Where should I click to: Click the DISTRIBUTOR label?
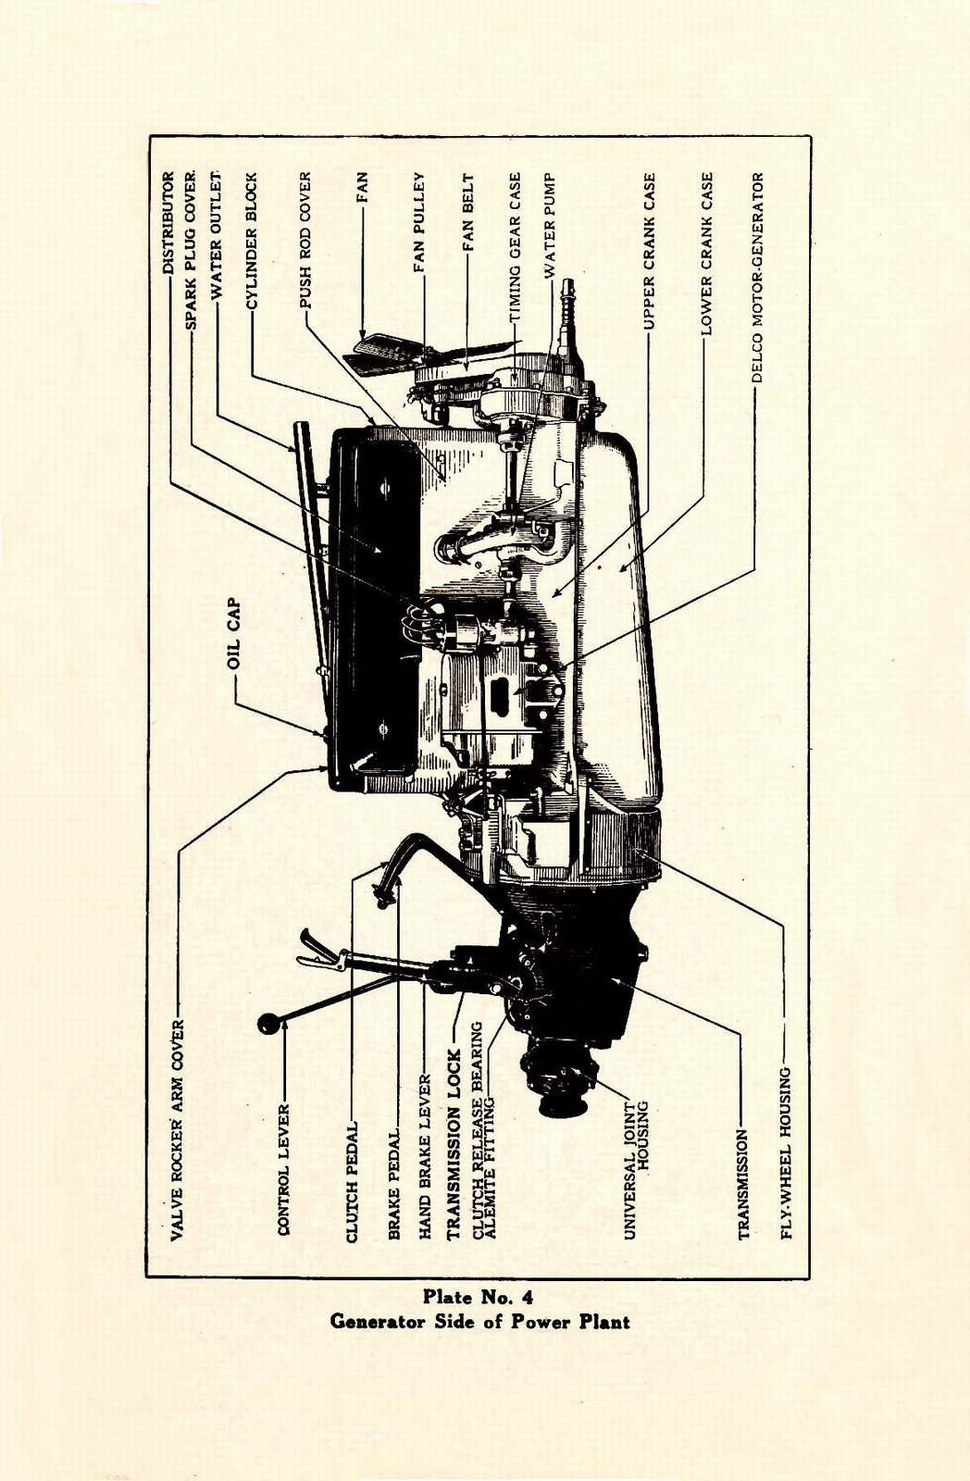pos(168,223)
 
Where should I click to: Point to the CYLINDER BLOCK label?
pos(251,239)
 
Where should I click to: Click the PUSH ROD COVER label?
pos(305,240)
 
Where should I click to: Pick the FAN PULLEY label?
pos(418,222)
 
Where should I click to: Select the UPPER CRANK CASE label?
pos(650,251)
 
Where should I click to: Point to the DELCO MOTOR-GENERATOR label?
pos(757,278)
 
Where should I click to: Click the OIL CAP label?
pos(234,634)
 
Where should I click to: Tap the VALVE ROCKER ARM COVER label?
pos(179,1130)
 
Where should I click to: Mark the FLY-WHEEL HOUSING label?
pos(786,1153)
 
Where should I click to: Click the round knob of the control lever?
pos(268,1025)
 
